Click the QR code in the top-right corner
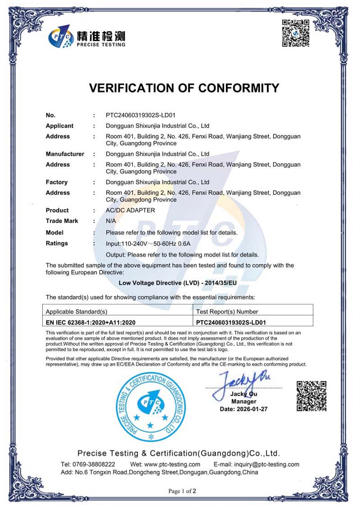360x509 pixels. [295, 34]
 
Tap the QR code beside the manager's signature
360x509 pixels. [311, 396]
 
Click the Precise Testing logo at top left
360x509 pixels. [87, 36]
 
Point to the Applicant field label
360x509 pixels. [59, 126]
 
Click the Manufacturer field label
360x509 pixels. [65, 154]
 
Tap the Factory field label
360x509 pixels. [57, 182]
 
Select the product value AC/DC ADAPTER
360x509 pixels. [130, 210]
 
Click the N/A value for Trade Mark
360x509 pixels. [111, 221]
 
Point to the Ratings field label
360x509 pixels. [57, 243]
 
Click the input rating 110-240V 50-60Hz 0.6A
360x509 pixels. [148, 244]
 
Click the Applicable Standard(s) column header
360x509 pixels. [77, 311]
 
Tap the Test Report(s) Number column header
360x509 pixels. [227, 311]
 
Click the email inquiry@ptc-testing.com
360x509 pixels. [256, 464]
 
